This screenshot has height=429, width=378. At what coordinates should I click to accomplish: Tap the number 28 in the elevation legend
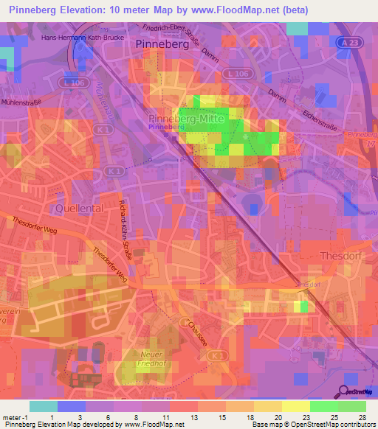[x=362, y=417]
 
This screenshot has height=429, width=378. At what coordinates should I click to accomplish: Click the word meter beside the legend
[x=10, y=417]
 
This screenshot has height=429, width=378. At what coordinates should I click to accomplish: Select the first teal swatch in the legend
[x=44, y=406]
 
